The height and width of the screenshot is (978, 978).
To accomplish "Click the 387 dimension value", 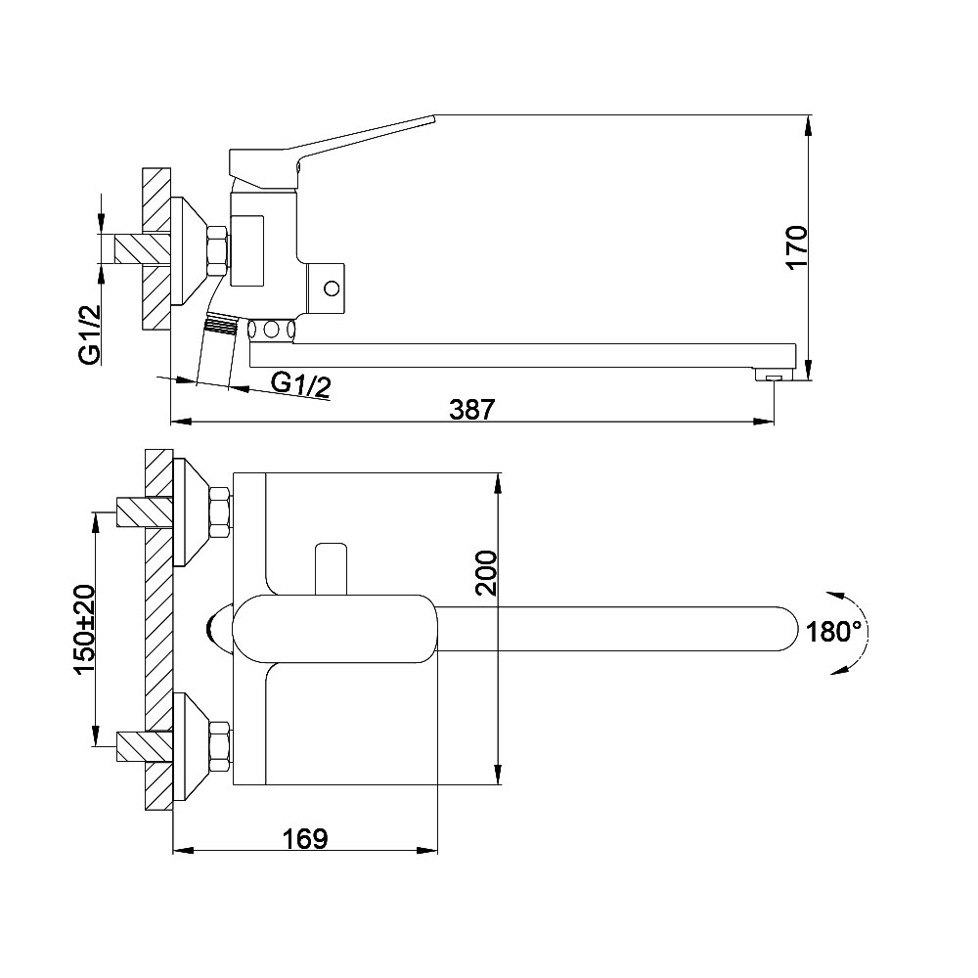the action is (x=471, y=409).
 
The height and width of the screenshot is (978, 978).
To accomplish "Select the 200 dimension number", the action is (x=486, y=573).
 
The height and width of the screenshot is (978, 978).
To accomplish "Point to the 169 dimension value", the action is (x=305, y=838).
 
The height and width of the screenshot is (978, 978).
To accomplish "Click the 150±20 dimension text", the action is (x=84, y=629).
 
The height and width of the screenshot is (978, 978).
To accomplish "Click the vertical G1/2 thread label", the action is (x=90, y=333).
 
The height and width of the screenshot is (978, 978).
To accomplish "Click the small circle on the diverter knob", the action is (x=332, y=289).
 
